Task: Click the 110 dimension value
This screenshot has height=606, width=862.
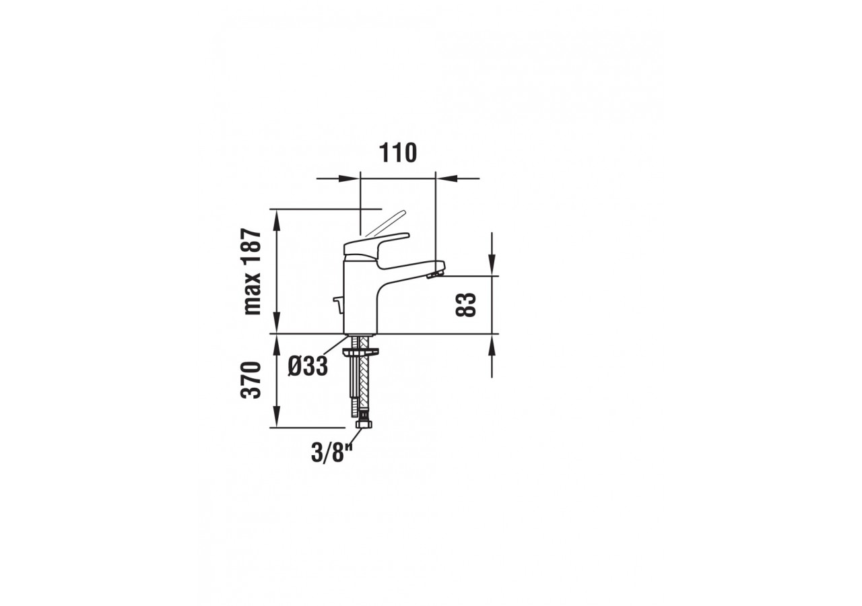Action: tap(398, 154)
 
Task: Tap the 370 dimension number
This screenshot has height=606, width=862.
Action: tap(252, 380)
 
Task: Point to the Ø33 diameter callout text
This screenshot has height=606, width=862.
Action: tap(308, 366)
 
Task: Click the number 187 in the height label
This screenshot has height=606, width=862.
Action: tap(252, 249)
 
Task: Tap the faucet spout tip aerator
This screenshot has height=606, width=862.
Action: tap(436, 271)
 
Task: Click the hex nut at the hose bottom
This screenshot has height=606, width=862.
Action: tap(363, 426)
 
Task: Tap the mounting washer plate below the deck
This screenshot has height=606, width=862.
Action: tap(361, 351)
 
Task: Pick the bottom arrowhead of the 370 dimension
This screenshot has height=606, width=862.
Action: tap(275, 419)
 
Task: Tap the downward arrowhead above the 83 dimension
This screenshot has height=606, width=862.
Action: tap(492, 266)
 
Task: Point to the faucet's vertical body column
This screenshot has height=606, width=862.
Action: tap(361, 296)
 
